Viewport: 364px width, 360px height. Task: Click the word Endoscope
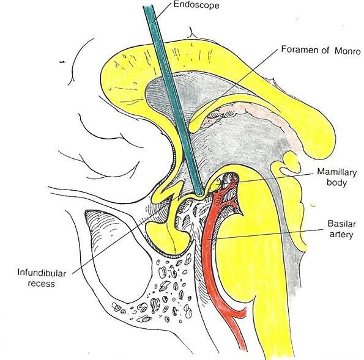pyautogui.click(x=196, y=5)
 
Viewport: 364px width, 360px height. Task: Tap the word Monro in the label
pyautogui.click(x=347, y=51)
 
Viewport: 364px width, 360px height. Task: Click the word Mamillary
pyautogui.click(x=337, y=172)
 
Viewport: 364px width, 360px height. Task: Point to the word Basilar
pyautogui.click(x=341, y=224)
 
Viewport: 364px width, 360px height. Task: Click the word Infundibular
pyautogui.click(x=42, y=273)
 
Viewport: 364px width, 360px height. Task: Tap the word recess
pyautogui.click(x=42, y=284)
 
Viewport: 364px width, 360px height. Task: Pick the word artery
pyautogui.click(x=341, y=235)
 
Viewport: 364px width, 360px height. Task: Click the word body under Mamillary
pyautogui.click(x=336, y=183)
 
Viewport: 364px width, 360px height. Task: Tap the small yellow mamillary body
pyautogui.click(x=217, y=184)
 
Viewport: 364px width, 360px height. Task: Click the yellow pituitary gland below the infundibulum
pyautogui.click(x=166, y=237)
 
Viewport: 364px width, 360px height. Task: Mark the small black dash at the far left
pyautogui.click(x=62, y=62)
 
